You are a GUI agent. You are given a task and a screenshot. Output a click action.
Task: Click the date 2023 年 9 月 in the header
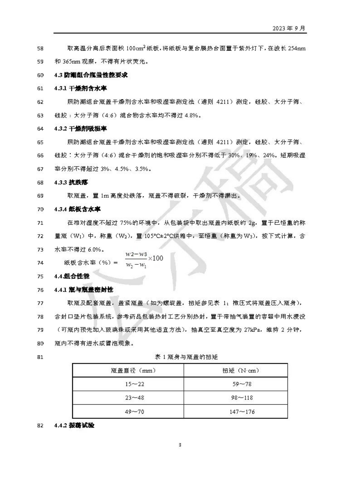click(x=289, y=28)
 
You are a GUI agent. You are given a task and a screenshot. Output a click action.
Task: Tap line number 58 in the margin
click(x=40, y=49)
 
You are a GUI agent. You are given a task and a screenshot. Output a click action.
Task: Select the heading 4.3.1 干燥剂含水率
click(x=80, y=88)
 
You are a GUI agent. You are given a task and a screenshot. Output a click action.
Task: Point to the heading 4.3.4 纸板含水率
click(x=77, y=209)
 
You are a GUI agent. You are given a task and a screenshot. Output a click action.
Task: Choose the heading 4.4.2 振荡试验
click(x=74, y=425)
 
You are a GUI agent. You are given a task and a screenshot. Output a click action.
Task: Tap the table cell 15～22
click(x=135, y=384)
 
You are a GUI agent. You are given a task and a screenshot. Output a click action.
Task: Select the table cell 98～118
click(x=242, y=398)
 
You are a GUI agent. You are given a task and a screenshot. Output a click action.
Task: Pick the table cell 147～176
click(x=242, y=412)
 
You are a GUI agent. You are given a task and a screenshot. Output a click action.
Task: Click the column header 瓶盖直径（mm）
click(x=133, y=371)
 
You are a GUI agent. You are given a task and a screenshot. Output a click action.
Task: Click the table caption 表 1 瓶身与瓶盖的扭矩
click(x=186, y=357)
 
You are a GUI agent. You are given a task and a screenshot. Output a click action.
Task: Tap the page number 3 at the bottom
click(x=180, y=445)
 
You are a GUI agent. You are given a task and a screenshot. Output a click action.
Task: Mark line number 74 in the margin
click(x=40, y=263)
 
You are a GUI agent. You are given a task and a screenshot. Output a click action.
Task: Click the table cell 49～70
click(x=135, y=412)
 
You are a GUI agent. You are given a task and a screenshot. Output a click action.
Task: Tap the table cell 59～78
click(x=242, y=384)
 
